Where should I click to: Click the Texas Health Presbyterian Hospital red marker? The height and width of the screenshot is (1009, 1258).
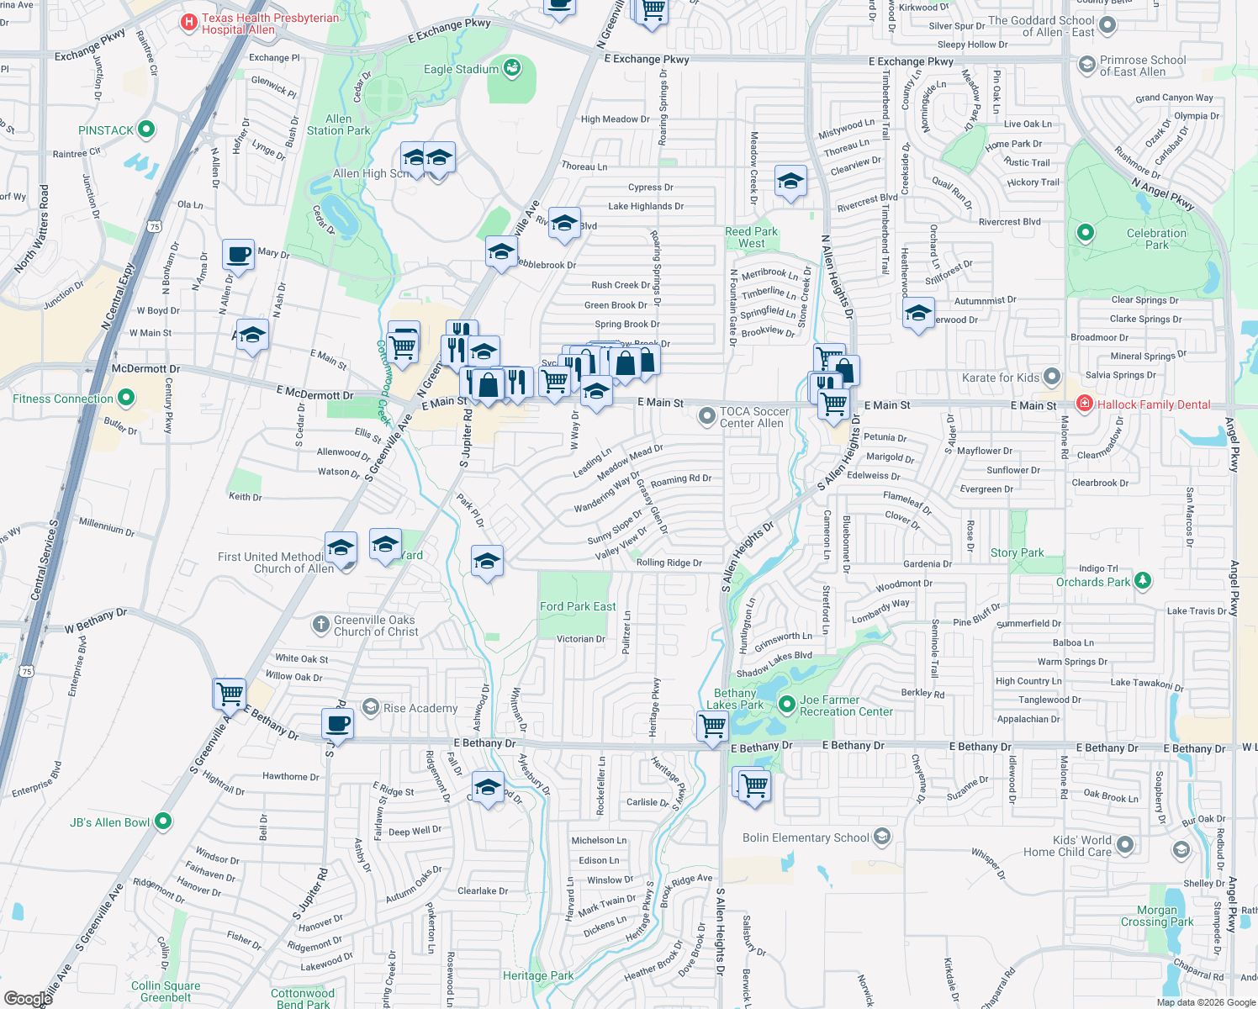188,22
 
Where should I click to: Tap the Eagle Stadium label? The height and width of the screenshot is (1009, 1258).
461,69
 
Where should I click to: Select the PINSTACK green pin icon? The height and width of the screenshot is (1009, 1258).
146,129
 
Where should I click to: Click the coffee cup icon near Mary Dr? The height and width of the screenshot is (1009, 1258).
239,254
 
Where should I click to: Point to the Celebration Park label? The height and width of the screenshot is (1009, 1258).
1156,239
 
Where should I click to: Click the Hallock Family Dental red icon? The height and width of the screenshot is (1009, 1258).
1085,404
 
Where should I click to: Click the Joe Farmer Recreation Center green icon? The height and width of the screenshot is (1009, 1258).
787,704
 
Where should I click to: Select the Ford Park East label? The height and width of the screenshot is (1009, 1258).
578,606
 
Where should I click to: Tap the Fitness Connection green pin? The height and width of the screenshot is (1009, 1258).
126,397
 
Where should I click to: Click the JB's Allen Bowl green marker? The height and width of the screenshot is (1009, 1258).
163,821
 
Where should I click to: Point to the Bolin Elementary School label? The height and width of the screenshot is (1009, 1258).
805,837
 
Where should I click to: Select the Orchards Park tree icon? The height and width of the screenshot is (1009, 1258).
1142,580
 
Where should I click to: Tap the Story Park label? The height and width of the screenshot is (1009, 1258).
1017,552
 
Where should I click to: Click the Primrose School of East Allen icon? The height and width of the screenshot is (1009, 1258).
1086,64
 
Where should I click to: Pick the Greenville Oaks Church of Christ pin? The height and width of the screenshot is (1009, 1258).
320,624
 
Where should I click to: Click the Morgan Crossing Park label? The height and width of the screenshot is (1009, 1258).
1156,916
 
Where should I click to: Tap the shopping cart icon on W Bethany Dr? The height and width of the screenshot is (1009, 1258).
230,694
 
